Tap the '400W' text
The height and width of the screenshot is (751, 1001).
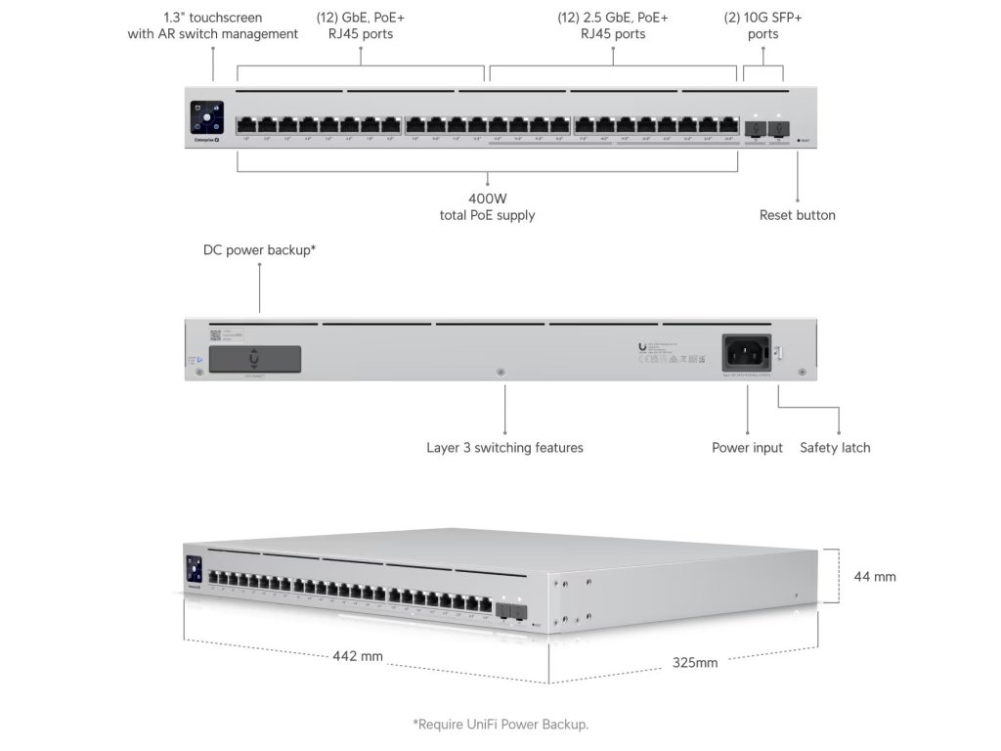[x=487, y=198]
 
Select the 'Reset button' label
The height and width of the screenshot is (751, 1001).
[x=797, y=215]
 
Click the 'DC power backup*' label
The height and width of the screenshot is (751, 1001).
[x=259, y=250]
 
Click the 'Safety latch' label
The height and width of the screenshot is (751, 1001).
[x=835, y=448]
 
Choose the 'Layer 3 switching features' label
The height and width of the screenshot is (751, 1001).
[x=504, y=448]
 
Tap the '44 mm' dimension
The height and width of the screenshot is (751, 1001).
[x=875, y=577]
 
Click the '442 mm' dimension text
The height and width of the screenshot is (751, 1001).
[x=358, y=656]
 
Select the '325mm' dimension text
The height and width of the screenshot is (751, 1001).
[x=695, y=663]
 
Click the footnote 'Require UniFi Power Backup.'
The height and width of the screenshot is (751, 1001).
[x=500, y=725]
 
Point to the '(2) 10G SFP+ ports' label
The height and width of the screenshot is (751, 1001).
[x=763, y=25]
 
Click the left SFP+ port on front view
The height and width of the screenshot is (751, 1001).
[x=756, y=127]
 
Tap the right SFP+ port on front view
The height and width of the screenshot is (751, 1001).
[x=778, y=127]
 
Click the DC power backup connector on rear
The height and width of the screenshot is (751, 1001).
[x=255, y=358]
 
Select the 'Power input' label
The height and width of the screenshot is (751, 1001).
[x=747, y=448]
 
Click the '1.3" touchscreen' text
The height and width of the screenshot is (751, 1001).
[x=212, y=18]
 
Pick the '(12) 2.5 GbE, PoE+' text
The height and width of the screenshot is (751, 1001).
[x=613, y=18]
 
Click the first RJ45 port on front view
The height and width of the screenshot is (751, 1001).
[x=245, y=125]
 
